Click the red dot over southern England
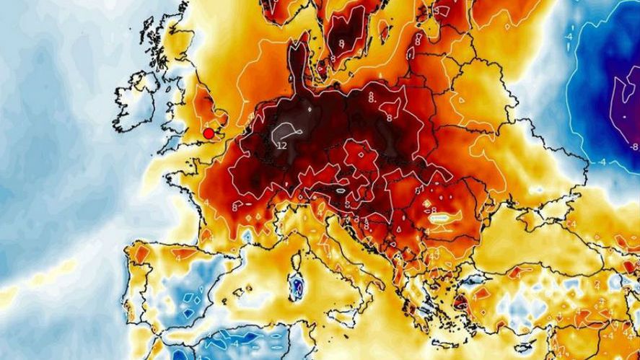click(209, 133)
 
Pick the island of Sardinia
click(294, 289)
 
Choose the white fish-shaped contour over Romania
click(439, 216)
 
